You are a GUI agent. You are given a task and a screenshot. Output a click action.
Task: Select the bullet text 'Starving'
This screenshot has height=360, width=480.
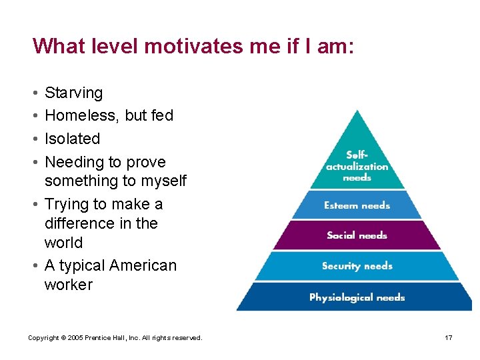click(x=73, y=93)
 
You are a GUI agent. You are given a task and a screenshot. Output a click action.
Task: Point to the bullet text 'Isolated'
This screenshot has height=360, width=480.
click(x=72, y=139)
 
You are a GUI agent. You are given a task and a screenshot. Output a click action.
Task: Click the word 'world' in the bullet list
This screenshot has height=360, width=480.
click(x=63, y=243)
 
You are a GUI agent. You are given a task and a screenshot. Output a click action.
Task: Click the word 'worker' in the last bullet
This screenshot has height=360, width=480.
click(x=69, y=285)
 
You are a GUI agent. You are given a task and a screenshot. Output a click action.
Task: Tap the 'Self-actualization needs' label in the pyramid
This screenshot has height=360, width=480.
click(x=357, y=166)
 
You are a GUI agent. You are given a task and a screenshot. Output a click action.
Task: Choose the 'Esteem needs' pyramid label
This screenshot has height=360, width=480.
click(x=357, y=206)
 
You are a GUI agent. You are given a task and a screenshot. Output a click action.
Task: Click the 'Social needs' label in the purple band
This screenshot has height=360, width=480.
click(x=357, y=235)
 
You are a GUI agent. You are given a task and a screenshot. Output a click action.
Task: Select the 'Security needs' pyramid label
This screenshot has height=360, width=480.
click(x=357, y=266)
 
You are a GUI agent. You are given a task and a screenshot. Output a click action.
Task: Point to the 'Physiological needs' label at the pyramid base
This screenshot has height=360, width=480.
click(x=357, y=297)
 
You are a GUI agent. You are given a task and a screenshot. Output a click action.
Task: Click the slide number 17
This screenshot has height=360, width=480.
click(x=449, y=338)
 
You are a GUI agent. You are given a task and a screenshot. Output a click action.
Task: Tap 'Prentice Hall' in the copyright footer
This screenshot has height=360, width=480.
click(x=109, y=338)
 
